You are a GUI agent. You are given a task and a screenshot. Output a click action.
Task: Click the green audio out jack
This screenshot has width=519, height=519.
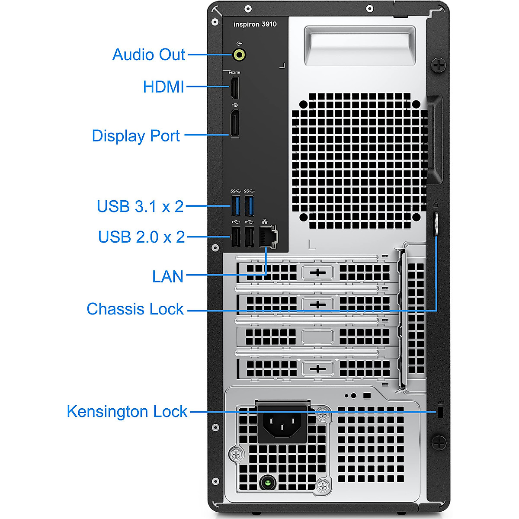pyautogui.click(x=239, y=55)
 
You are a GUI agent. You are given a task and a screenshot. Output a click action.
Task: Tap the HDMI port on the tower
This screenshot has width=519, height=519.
pyautogui.click(x=234, y=88)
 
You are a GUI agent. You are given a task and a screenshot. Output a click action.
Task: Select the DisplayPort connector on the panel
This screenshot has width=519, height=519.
pyautogui.click(x=234, y=124)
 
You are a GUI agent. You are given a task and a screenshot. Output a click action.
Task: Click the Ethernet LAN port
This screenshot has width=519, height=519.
pyautogui.click(x=268, y=236)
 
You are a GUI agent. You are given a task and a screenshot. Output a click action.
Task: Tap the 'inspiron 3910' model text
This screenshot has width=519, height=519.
pyautogui.click(x=255, y=24)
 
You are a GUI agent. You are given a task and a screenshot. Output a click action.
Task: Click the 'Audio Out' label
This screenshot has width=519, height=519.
pyautogui.click(x=149, y=54)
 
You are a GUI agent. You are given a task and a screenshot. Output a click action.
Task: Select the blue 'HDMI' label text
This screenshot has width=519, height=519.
pyautogui.click(x=163, y=87)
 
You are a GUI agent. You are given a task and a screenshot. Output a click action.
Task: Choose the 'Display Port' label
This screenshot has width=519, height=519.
pyautogui.click(x=136, y=136)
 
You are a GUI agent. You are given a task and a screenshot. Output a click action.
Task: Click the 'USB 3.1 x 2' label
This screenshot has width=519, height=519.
pyautogui.click(x=140, y=206)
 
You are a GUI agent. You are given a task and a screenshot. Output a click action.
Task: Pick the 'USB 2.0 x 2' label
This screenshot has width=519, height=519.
pyautogui.click(x=141, y=237)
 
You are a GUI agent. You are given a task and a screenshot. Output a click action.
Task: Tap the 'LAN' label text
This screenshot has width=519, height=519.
pyautogui.click(x=168, y=277)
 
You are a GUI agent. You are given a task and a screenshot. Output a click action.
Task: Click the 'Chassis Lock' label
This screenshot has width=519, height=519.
pyautogui.click(x=135, y=309)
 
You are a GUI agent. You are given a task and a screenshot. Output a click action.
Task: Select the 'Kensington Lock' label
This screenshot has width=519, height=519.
pyautogui.click(x=127, y=411)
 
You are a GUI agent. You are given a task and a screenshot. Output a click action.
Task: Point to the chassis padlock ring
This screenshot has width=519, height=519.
pyautogui.click(x=436, y=224)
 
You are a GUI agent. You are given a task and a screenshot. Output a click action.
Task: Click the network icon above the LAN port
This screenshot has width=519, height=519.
pyautogui.click(x=265, y=221)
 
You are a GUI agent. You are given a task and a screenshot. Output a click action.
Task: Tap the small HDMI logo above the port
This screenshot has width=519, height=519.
pyautogui.click(x=234, y=73)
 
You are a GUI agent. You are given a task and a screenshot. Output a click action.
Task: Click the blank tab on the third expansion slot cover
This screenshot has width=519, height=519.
pyautogui.click(x=317, y=336)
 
